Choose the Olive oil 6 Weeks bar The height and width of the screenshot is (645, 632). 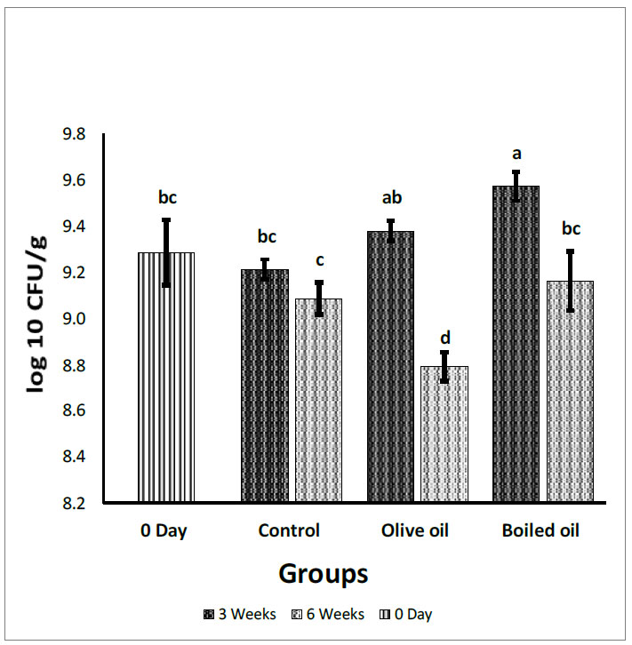pyautogui.click(x=444, y=434)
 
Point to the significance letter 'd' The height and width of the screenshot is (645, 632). pyautogui.click(x=444, y=338)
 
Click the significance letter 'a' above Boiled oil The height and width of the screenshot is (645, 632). pyautogui.click(x=516, y=153)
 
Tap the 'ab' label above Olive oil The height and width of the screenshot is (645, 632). pyautogui.click(x=391, y=198)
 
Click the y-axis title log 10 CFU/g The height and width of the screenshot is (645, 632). pyautogui.click(x=33, y=319)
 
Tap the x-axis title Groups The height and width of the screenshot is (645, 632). pyautogui.click(x=324, y=573)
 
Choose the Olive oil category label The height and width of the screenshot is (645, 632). pyautogui.click(x=415, y=531)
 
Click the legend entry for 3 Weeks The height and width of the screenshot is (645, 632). pyautogui.click(x=241, y=614)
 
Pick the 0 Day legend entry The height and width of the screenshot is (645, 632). pyautogui.click(x=410, y=614)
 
